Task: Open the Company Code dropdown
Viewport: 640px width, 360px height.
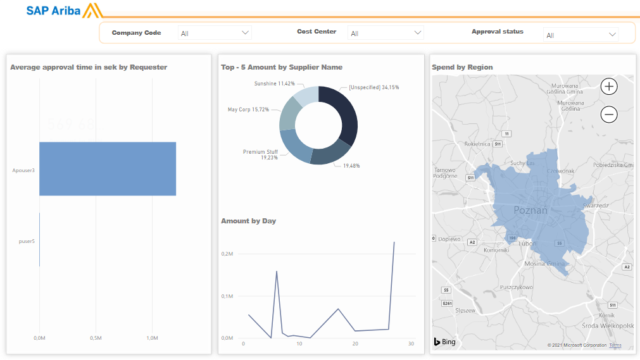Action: (215, 33)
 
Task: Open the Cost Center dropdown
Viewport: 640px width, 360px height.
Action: (386, 33)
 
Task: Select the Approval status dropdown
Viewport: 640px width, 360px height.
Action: (580, 35)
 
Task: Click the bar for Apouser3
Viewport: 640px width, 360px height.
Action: (108, 169)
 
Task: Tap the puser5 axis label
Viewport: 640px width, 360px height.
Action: (27, 240)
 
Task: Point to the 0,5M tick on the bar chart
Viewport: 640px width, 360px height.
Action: (96, 338)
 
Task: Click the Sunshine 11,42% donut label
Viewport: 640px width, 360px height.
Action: (275, 84)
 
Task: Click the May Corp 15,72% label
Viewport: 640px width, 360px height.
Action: (248, 109)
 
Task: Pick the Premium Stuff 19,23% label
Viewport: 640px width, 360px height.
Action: (260, 154)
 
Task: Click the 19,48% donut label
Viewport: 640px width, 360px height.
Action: (351, 166)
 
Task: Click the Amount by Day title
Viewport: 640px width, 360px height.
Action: (248, 221)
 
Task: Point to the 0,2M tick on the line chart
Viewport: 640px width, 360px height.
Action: (227, 254)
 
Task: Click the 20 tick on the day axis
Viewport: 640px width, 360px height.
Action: (355, 344)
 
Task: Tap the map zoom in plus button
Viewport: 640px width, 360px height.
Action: (608, 86)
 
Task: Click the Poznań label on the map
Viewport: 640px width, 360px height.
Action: (530, 210)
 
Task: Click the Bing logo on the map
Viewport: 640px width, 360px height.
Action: (444, 342)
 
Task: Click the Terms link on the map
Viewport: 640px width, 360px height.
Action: (615, 345)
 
